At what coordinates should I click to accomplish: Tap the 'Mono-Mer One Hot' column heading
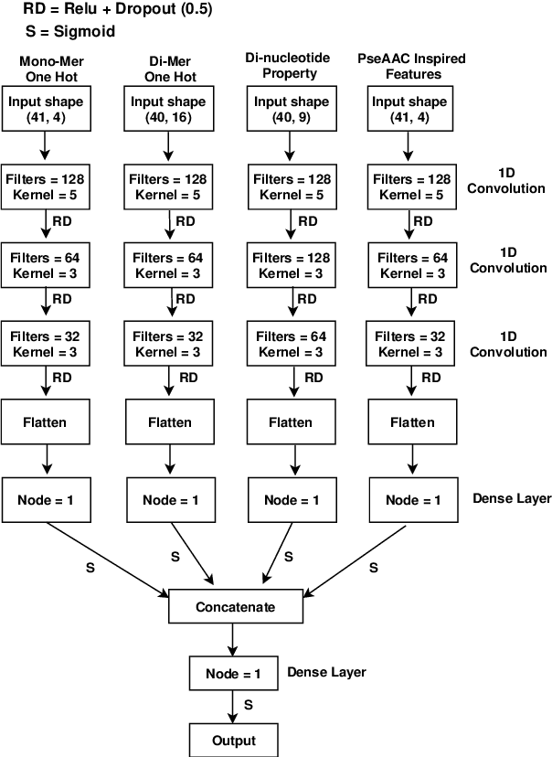(x=46, y=66)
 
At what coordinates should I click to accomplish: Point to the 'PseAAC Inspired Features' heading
(x=410, y=66)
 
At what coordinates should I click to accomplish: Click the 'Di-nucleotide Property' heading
(x=289, y=66)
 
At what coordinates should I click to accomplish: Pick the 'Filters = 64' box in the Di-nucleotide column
(x=289, y=343)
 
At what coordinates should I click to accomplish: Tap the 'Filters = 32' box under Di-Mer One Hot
(x=168, y=343)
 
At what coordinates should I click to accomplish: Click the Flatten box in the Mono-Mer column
(x=46, y=421)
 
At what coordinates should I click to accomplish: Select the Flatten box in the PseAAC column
(x=410, y=421)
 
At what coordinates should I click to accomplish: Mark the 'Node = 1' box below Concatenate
(x=233, y=674)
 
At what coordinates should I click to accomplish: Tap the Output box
(x=233, y=740)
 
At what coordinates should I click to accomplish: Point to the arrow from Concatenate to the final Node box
(x=233, y=640)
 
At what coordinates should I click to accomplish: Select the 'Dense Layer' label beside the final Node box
(x=326, y=672)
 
